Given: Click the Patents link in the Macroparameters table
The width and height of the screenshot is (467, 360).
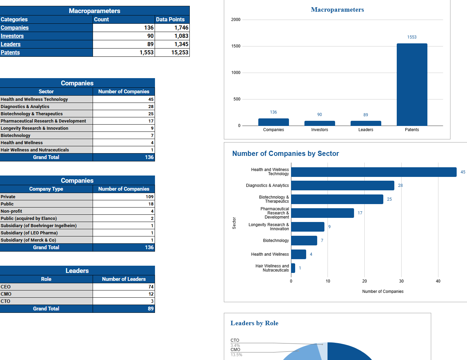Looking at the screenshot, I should pyautogui.click(x=10, y=52).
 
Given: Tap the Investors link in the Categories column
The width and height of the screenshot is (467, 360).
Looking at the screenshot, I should pyautogui.click(x=12, y=36).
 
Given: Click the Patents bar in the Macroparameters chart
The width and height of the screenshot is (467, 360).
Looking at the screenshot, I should pyautogui.click(x=412, y=84).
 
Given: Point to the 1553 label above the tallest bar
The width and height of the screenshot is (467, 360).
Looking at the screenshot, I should pyautogui.click(x=412, y=37).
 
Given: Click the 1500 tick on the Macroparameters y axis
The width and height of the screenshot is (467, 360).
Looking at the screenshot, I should pyautogui.click(x=236, y=46).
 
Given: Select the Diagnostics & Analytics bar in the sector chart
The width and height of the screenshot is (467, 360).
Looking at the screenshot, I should pyautogui.click(x=342, y=186).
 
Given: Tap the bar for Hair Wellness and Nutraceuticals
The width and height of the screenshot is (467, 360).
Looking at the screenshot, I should pyautogui.click(x=293, y=268).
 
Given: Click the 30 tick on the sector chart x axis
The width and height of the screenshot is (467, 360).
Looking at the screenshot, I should pyautogui.click(x=401, y=281).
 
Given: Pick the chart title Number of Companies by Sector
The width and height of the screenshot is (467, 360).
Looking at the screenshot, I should pyautogui.click(x=286, y=153).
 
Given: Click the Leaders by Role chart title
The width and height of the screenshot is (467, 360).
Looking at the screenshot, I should pyautogui.click(x=254, y=323).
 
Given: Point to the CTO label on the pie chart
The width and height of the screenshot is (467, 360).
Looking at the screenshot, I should pyautogui.click(x=235, y=340).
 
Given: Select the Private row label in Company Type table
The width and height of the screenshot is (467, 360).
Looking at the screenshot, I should pyautogui.click(x=8, y=197).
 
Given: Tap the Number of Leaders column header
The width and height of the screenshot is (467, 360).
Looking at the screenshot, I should pyautogui.click(x=124, y=279).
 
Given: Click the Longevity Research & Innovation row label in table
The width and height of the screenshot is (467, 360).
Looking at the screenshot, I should pyautogui.click(x=34, y=128).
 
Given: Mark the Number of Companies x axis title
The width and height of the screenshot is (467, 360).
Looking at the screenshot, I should pyautogui.click(x=383, y=292).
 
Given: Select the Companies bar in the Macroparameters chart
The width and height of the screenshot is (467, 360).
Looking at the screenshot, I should pyautogui.click(x=273, y=122).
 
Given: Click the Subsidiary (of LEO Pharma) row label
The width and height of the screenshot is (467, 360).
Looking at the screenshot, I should pyautogui.click(x=29, y=233).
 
